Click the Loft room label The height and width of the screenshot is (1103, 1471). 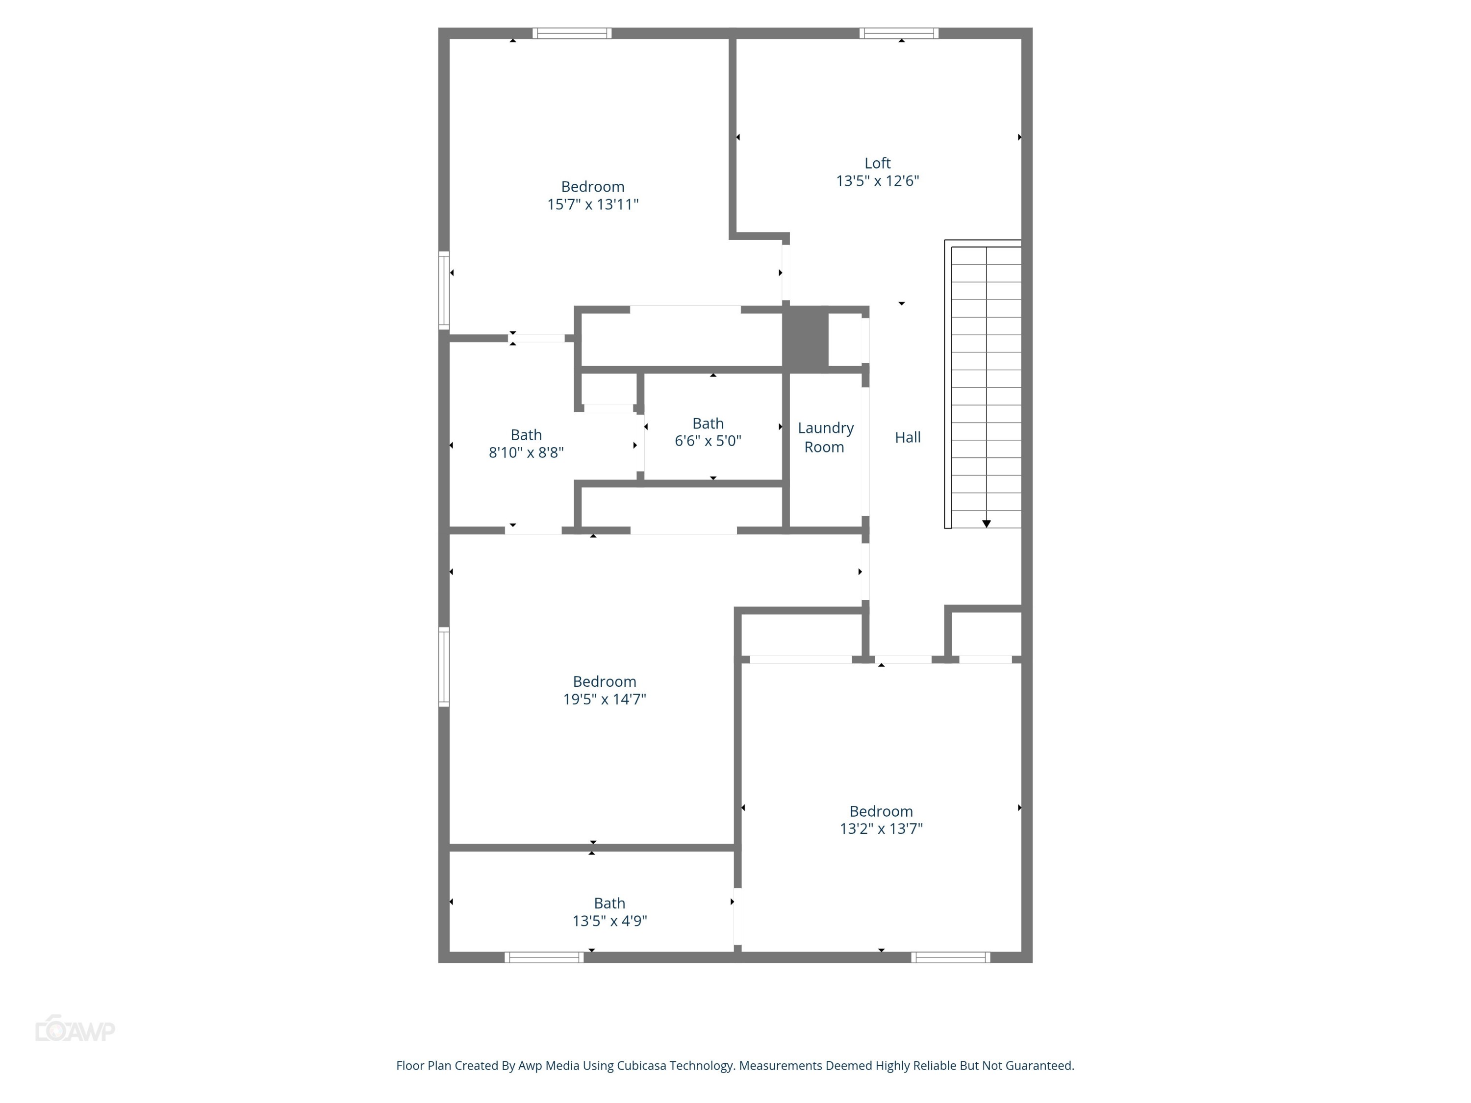[877, 163]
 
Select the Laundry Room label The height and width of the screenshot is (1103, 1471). [825, 437]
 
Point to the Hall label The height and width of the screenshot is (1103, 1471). [907, 437]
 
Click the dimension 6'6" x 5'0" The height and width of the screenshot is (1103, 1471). [708, 441]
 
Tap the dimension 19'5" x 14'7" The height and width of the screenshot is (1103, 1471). [605, 699]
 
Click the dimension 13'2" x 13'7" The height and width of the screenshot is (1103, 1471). [881, 828]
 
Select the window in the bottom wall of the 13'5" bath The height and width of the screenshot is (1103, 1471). [543, 957]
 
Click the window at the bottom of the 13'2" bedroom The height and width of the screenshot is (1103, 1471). [950, 957]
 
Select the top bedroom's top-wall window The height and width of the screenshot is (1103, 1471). [572, 33]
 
